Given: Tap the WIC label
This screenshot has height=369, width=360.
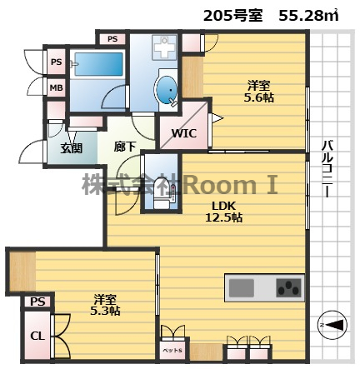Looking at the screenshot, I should click(183, 132).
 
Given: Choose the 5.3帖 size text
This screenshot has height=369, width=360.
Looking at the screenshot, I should click(104, 310).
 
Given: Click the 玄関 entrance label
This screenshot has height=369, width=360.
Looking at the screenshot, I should click(71, 148).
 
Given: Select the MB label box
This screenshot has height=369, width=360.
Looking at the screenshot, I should click(56, 87).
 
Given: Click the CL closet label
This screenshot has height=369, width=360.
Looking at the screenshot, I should click(37, 336).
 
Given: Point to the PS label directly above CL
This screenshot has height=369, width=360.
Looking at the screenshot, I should click(37, 302).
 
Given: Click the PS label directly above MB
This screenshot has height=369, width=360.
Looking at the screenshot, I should click(56, 62).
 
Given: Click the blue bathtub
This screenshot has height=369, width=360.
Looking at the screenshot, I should click(97, 66).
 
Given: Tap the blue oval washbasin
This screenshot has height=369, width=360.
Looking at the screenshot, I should click(167, 88).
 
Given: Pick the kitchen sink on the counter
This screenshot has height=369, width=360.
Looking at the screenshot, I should click(242, 288).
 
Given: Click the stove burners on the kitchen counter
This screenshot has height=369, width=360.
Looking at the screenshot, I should click(288, 288).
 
